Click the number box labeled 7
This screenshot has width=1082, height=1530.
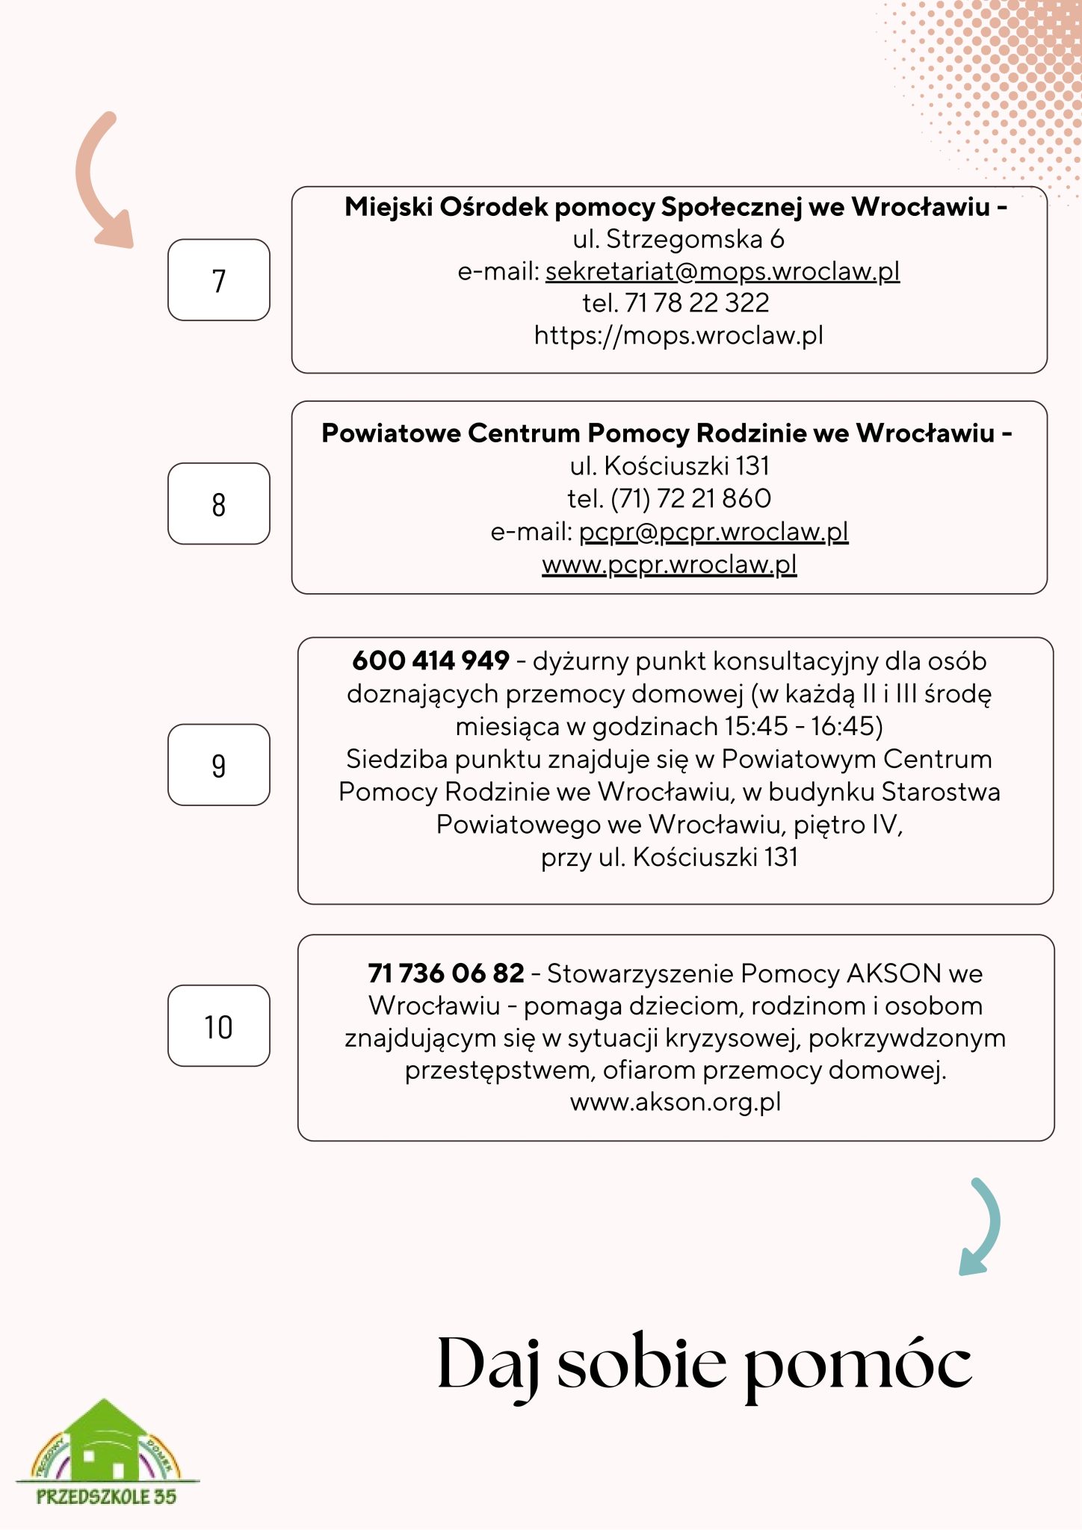pos(218,280)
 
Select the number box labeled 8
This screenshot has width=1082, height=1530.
pos(218,504)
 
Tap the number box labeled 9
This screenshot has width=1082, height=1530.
pos(218,764)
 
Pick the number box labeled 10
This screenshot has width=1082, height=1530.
pos(218,1026)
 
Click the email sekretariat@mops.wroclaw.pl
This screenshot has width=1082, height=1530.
pos(722,271)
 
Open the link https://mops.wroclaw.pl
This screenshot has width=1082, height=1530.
pos(678,335)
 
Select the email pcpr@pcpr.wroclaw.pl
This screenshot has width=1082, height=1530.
pos(714,531)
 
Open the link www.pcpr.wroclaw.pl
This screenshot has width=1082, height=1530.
pos(670,564)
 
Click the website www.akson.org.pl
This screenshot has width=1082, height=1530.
pos(676,1102)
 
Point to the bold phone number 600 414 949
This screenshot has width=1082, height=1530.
pos(431,660)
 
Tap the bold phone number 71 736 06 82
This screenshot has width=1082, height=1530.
pos(446,973)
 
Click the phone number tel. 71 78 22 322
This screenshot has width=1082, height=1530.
pos(676,303)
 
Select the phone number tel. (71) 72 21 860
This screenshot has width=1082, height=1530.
pos(670,498)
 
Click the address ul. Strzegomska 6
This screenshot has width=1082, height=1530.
pos(678,239)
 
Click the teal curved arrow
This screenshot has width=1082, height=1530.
pos(983,1225)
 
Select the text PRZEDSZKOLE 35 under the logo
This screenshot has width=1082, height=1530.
pos(106,1496)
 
